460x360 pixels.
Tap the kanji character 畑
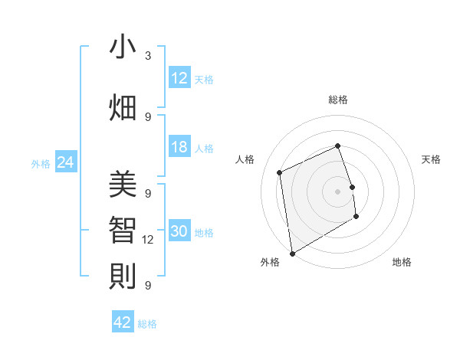[x=123, y=106]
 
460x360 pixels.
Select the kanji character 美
[x=123, y=185]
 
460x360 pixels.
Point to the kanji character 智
[x=123, y=230]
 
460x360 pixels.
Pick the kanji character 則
[x=123, y=275]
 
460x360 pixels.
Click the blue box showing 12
[x=179, y=78]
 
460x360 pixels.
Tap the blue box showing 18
[x=179, y=147]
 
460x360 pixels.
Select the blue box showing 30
[x=179, y=231]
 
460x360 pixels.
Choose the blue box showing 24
[x=65, y=162]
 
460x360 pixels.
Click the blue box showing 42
[x=123, y=322]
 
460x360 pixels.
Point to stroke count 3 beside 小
[x=148, y=56]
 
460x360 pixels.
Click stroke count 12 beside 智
[x=148, y=240]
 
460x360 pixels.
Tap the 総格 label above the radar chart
[x=338, y=100]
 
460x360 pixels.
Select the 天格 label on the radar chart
[x=431, y=159]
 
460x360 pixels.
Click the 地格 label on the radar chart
[x=402, y=262]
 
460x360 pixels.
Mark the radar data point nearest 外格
[x=292, y=253]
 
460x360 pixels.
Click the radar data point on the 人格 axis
[x=280, y=172]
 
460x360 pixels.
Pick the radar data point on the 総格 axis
[x=338, y=146]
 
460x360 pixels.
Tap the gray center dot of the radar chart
[x=338, y=191]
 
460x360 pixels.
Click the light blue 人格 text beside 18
[x=204, y=149]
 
